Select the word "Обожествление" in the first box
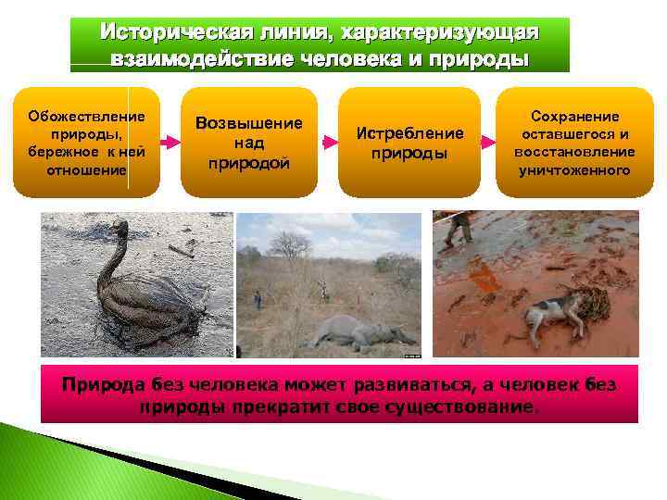pos(86,117)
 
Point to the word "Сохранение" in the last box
pos(574,116)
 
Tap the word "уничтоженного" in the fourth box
pos(574,170)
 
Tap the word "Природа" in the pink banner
pos(97,384)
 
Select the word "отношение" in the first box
pos(86,170)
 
